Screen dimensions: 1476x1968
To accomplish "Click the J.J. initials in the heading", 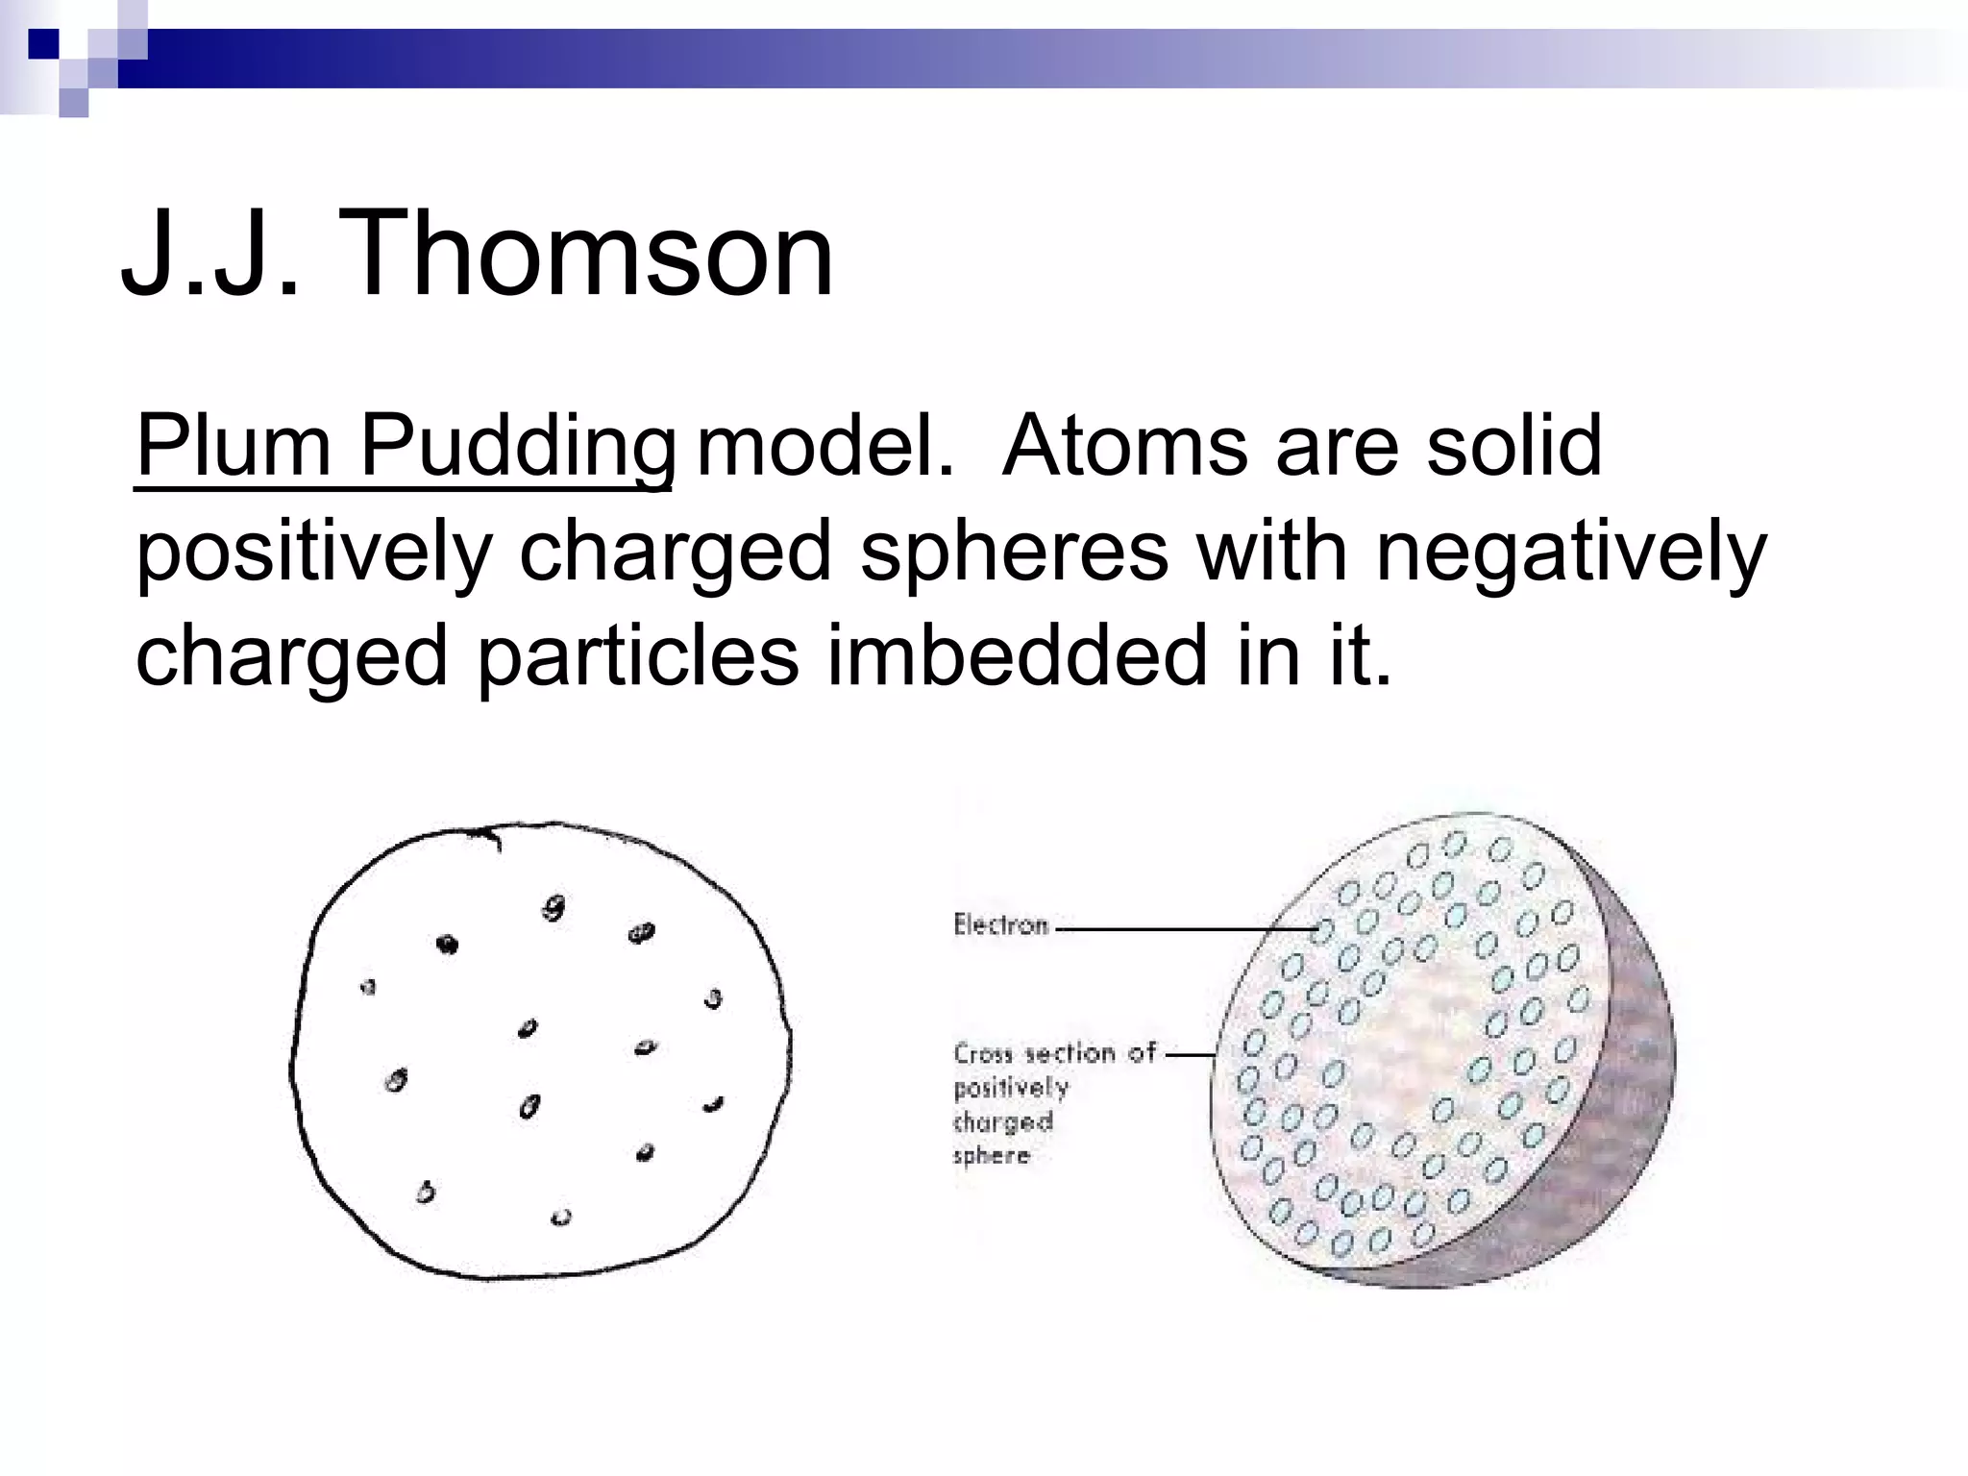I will (x=209, y=255).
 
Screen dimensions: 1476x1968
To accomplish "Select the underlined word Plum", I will (x=233, y=446).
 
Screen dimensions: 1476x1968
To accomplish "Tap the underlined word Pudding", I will (x=517, y=448).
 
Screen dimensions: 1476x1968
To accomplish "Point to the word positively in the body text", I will (x=313, y=553).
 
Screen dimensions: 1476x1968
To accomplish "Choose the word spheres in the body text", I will (x=1014, y=553).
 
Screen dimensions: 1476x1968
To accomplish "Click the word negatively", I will (x=1571, y=553).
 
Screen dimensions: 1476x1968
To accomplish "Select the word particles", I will (x=637, y=656).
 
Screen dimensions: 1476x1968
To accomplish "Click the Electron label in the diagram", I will (x=1000, y=925).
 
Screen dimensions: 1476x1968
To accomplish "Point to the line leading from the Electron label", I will (x=1182, y=929).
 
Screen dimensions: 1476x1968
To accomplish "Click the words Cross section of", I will (x=1054, y=1053).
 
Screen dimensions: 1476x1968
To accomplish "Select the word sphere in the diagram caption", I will (x=991, y=1155).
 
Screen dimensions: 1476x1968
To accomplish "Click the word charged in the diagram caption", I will (x=1003, y=1121).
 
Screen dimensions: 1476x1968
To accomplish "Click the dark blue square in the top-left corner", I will (x=43, y=43).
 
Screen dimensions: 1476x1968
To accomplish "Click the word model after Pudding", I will (x=824, y=446).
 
